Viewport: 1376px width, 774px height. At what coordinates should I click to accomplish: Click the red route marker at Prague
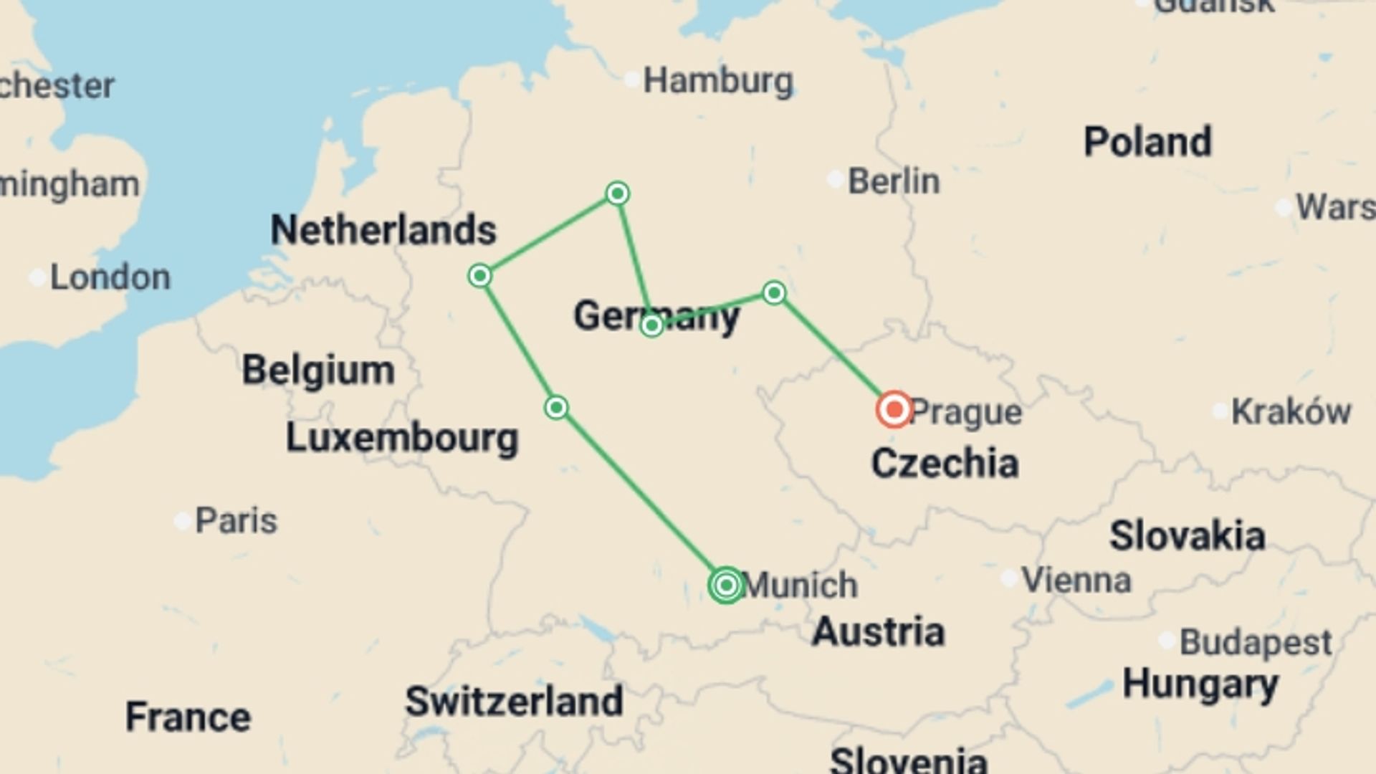[894, 410]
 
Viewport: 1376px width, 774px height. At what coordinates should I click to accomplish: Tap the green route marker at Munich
[726, 585]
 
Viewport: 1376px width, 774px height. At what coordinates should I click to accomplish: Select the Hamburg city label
[718, 81]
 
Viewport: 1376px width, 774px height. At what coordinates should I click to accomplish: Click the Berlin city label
[894, 181]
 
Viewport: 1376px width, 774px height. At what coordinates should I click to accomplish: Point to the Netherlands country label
[383, 230]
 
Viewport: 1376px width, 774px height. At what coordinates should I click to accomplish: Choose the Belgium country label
[318, 370]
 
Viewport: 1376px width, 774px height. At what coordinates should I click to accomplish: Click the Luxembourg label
[402, 437]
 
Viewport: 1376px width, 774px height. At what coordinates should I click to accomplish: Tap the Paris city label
[236, 520]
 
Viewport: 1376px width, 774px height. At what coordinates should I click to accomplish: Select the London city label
[110, 277]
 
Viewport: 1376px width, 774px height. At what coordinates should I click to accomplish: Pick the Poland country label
[1147, 141]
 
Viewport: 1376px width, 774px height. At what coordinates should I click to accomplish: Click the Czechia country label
[945, 463]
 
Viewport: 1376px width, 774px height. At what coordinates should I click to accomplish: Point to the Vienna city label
[1076, 580]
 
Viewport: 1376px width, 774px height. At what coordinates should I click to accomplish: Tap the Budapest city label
[1256, 641]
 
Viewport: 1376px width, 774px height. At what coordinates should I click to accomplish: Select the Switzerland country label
[514, 700]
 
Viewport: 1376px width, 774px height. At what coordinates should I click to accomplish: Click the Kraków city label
[1291, 411]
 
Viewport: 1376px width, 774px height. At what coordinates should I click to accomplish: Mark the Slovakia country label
[1187, 535]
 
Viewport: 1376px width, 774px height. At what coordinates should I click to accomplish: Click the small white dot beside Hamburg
[631, 80]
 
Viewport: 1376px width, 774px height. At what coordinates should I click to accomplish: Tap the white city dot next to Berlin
[835, 179]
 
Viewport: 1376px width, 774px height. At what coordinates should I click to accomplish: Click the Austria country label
[878, 631]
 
